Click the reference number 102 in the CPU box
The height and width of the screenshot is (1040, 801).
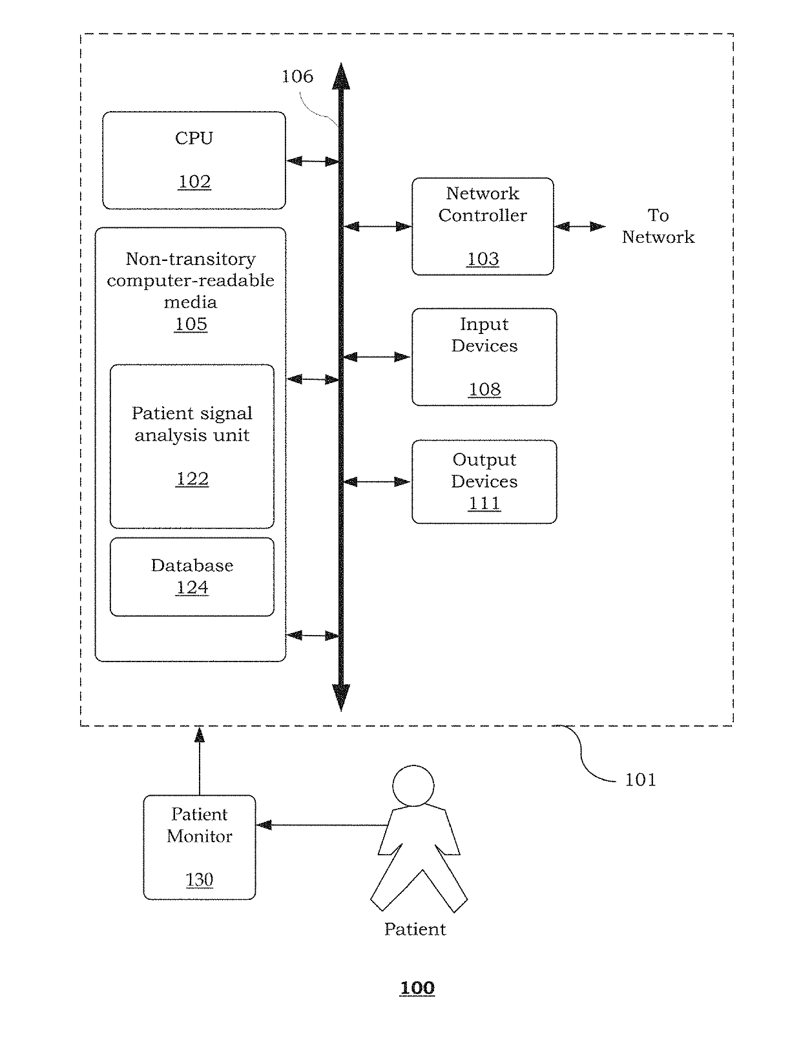[194, 182]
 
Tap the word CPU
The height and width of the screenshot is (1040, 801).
[194, 138]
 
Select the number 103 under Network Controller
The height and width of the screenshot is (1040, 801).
[483, 259]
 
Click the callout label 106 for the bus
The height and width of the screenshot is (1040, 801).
[297, 77]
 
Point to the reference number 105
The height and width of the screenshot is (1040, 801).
[191, 324]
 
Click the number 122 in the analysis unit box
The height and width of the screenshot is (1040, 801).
[192, 479]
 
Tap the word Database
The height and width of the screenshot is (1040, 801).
[192, 565]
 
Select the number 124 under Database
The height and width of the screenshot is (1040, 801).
[192, 587]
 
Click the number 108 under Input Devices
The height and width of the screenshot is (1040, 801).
[484, 389]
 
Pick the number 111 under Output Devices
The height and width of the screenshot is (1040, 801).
[484, 503]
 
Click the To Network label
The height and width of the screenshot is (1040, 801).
[658, 226]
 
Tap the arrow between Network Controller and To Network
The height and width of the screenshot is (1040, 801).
[579, 226]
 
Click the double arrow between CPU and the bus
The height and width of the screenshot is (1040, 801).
[313, 161]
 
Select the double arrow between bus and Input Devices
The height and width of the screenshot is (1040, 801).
[377, 357]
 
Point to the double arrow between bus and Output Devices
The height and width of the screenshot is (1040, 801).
[377, 481]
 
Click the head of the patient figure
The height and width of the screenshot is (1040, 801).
[413, 786]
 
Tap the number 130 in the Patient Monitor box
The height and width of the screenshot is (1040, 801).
[199, 880]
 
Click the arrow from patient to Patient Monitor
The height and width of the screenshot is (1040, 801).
[322, 825]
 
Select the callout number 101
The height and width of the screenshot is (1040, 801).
[640, 780]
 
